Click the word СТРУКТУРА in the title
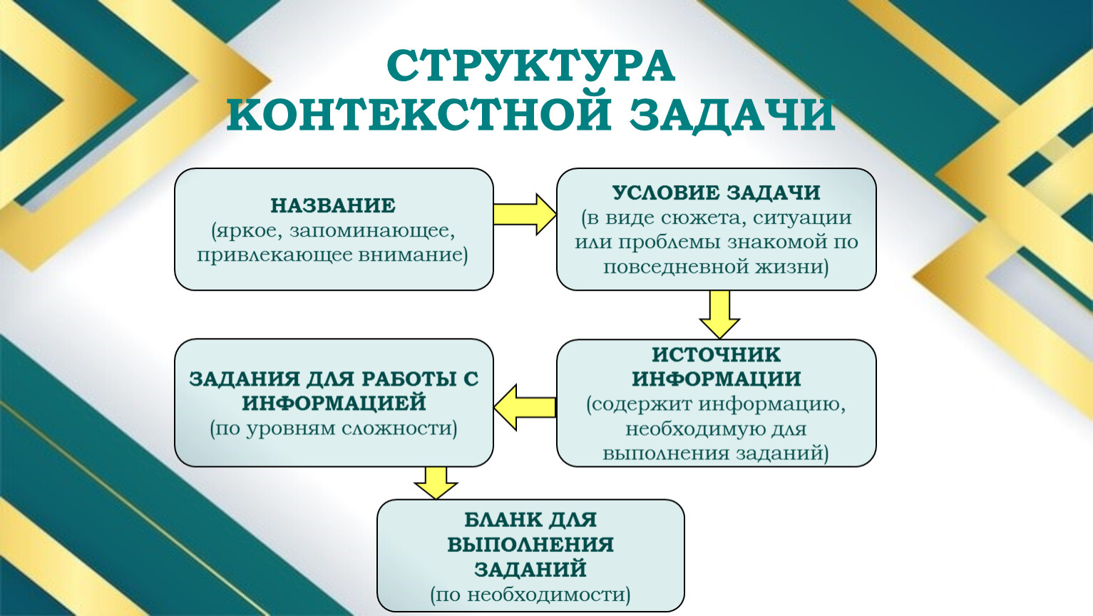coord(530,67)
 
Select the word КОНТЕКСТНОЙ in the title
coord(419,115)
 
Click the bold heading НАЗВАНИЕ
coord(333,206)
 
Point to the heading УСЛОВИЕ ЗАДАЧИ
coord(716,192)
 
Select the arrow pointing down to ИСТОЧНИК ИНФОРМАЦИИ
coord(719,314)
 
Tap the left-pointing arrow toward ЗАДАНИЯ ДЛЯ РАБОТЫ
coord(525,407)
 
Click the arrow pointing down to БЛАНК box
coord(436,483)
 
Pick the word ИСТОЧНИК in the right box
coord(716,354)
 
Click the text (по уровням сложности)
coord(333,428)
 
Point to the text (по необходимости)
coord(530,594)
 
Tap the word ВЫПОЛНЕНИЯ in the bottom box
coord(530,545)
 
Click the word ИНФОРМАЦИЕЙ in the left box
coord(333,403)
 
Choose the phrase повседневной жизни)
coord(716,267)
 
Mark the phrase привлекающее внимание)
coord(333,255)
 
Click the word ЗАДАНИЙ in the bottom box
coord(530,569)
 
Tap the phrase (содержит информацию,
coord(716,404)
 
